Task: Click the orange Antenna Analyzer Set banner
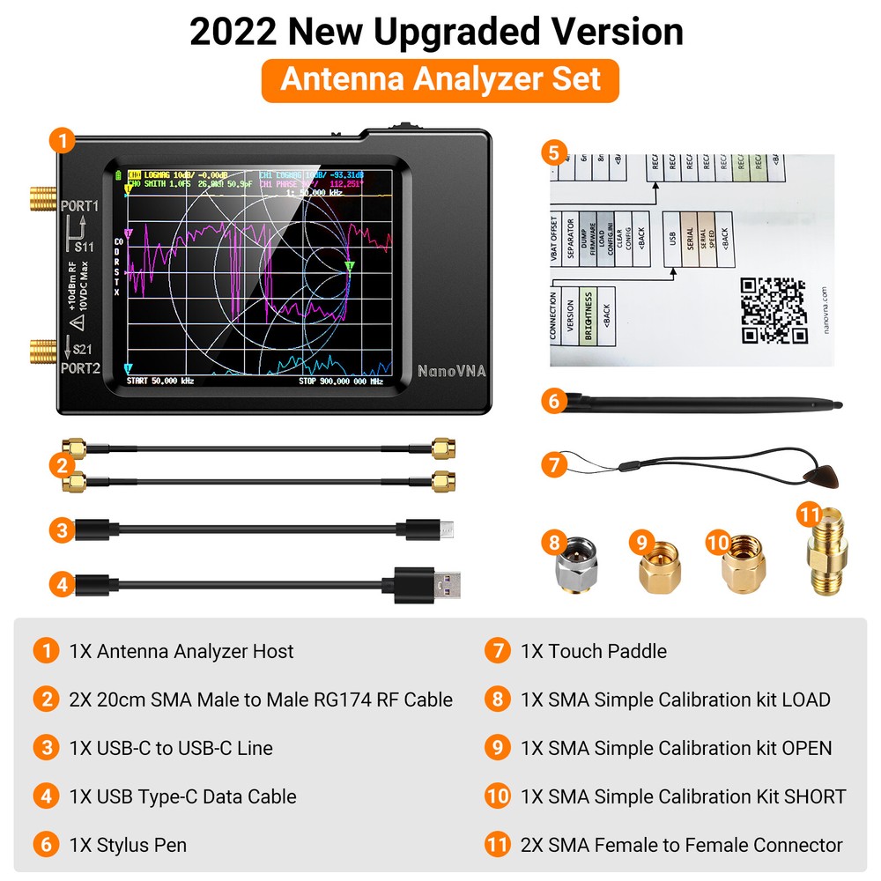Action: [x=440, y=80]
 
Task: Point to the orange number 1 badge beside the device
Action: [x=61, y=139]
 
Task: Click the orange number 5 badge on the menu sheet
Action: [x=552, y=152]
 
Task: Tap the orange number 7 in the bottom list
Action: [x=498, y=651]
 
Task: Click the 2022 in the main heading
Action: [x=233, y=33]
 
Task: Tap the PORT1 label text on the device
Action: [x=80, y=206]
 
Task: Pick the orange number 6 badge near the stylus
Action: [x=553, y=402]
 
